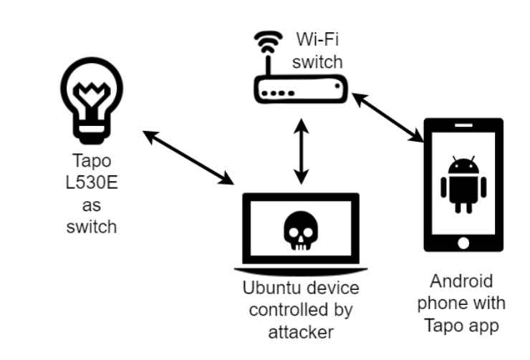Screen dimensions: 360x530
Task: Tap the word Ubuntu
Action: [x=268, y=289]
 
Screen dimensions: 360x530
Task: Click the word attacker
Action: [x=302, y=332]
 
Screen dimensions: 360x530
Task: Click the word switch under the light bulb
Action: [x=90, y=229]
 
